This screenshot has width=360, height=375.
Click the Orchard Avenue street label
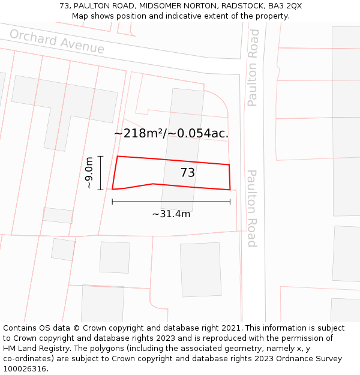click(x=57, y=41)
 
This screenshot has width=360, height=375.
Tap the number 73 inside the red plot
click(x=188, y=173)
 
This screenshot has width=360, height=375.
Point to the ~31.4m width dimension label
click(x=171, y=214)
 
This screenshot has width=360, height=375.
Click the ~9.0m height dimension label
click(x=89, y=173)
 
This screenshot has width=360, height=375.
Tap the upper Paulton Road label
click(x=253, y=68)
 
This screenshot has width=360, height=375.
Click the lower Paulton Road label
click(x=252, y=208)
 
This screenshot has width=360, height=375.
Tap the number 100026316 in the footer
click(x=25, y=369)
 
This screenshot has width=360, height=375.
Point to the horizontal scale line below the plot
click(x=171, y=202)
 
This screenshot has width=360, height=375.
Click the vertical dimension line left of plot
click(x=100, y=173)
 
